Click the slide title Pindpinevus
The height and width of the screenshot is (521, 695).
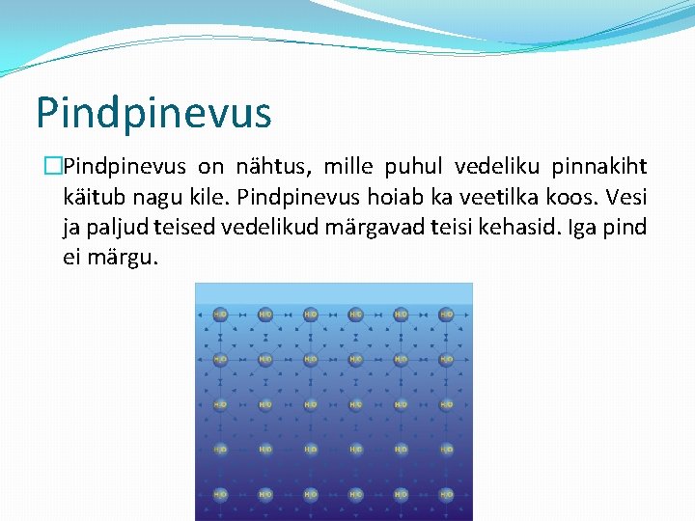coord(153,112)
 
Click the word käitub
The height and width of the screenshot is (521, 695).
coord(93,197)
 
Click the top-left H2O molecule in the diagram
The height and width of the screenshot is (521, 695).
coord(220,314)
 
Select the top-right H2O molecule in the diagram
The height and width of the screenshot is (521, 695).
coord(446,314)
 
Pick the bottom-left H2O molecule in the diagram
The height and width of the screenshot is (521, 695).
coord(220,494)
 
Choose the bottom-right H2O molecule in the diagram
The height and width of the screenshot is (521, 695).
coord(446,494)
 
